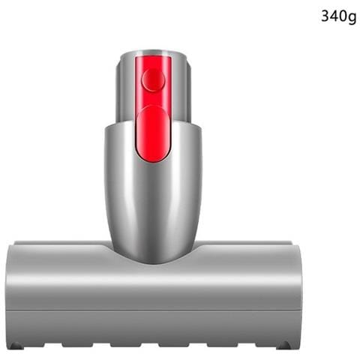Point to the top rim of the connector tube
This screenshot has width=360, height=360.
(x=153, y=52)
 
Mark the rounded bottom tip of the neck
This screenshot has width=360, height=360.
(x=153, y=259)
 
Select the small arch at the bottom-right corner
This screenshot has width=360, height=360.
(x=283, y=345)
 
